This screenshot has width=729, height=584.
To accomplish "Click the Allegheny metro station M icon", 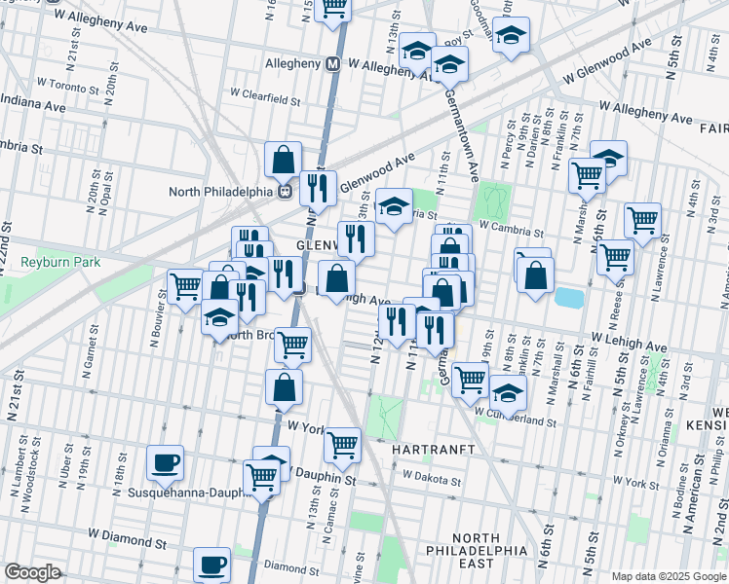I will point(332,64).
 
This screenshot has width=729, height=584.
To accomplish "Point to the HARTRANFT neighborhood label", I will point(433,451).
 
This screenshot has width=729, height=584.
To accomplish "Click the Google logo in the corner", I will point(31,572).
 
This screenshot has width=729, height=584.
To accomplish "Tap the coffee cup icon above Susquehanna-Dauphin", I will point(165,461).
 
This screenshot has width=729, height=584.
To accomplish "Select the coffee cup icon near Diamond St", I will point(211,564).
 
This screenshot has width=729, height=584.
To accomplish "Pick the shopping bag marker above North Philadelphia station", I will point(283,159).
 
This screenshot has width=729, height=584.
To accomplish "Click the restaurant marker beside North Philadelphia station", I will point(318,186).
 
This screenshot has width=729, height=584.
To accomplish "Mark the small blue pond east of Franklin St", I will point(565,296).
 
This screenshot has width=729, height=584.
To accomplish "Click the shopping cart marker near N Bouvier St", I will point(184,287).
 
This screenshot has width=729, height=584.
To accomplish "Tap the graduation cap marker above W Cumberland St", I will point(507,393).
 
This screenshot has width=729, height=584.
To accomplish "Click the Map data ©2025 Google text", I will point(669,576).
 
